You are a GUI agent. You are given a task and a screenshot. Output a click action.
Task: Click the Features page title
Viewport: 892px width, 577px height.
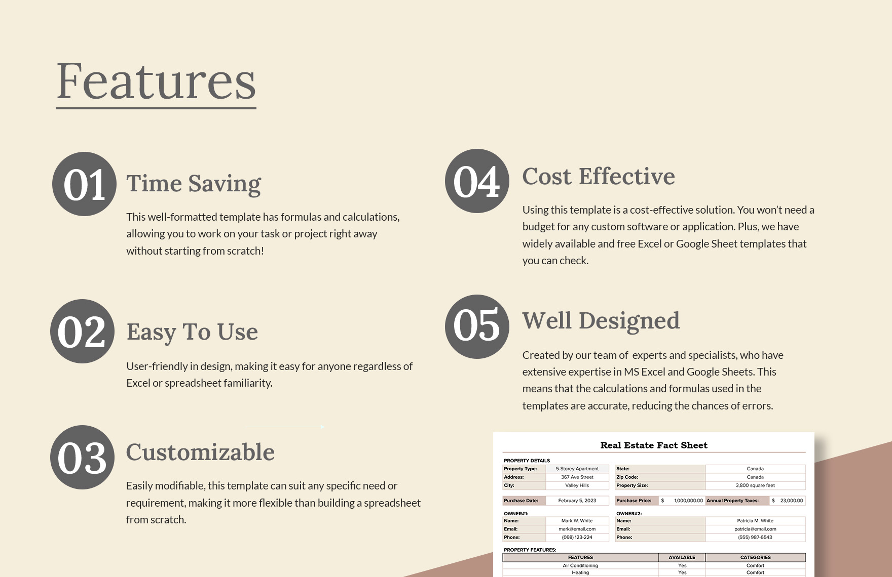[156, 82]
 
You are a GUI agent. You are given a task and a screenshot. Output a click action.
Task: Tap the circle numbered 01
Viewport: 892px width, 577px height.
[84, 184]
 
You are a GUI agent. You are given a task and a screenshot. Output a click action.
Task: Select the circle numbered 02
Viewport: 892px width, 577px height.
[82, 332]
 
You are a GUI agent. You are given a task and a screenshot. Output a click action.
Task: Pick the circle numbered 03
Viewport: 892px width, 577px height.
[82, 458]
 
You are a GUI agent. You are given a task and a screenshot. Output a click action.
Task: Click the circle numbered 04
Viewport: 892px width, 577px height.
[477, 181]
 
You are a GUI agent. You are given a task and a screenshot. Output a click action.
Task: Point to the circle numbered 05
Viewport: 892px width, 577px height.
[477, 327]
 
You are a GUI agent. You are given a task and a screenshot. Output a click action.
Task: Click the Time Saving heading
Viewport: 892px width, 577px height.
[193, 183]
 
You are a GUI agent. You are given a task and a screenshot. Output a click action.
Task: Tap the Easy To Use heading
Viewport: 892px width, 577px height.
[192, 332]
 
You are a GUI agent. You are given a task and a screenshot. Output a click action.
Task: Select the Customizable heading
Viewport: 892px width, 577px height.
[200, 452]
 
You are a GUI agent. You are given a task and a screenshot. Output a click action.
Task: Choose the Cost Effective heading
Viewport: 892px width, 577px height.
[599, 177]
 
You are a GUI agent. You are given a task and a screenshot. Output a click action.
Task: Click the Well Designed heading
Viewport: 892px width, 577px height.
[601, 321]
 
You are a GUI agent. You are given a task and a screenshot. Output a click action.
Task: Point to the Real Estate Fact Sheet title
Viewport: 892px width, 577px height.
[654, 445]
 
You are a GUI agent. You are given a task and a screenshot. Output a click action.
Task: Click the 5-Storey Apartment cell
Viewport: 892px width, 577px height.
[577, 469]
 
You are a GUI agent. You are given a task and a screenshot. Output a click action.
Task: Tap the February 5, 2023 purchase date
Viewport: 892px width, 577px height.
[577, 501]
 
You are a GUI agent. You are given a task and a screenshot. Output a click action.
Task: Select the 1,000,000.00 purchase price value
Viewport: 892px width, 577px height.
[688, 501]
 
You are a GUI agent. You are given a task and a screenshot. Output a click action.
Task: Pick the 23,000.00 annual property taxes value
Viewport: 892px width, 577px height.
[791, 501]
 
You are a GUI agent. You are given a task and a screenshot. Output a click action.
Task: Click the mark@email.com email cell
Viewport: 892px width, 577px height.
[577, 529]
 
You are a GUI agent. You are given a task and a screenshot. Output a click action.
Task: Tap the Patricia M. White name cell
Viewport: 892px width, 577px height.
[755, 521]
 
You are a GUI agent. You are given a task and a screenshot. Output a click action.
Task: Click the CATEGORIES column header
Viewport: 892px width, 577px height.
[755, 557]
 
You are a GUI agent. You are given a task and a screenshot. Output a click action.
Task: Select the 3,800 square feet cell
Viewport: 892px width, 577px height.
[755, 485]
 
